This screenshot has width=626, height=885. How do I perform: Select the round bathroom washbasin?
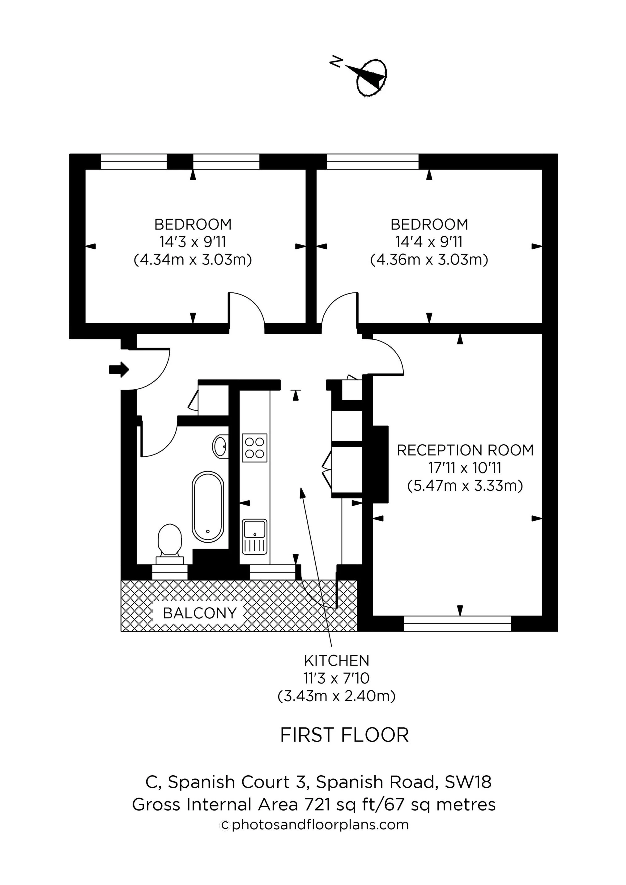(220, 447)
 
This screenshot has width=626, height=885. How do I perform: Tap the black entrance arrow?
(119, 370)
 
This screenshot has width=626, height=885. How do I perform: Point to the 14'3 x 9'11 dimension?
(193, 242)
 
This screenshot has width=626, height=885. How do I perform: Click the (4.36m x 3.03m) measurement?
(429, 260)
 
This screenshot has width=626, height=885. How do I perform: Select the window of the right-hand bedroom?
(372, 162)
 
